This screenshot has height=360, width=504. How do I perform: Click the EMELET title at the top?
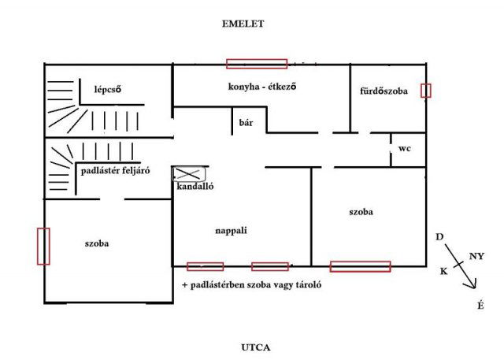[x=243, y=24]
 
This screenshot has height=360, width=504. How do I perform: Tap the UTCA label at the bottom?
[x=255, y=347]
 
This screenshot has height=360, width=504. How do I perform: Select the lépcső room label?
[x=108, y=89]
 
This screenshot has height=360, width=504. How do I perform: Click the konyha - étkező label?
[x=262, y=87]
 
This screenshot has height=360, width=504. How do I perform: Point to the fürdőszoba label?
[x=384, y=91]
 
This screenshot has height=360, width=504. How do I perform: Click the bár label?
[x=246, y=122]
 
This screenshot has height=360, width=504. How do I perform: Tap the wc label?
[x=404, y=149]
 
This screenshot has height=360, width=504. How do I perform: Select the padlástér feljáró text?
[x=115, y=170]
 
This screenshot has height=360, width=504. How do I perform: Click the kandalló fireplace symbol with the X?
[x=189, y=174]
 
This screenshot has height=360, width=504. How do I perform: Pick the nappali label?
[x=231, y=231]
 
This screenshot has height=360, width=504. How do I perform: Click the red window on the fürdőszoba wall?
[x=426, y=91]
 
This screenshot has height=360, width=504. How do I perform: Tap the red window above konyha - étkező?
[x=257, y=64]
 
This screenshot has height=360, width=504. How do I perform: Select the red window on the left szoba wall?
[x=43, y=247]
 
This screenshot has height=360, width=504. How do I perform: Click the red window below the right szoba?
[x=361, y=266]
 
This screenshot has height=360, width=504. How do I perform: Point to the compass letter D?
[x=439, y=237]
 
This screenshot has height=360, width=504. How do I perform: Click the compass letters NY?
[x=476, y=256]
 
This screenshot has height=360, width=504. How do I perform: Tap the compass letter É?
[x=480, y=306]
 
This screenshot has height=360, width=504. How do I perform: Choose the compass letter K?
[x=443, y=272]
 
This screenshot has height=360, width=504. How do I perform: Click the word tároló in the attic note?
[x=309, y=285]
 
